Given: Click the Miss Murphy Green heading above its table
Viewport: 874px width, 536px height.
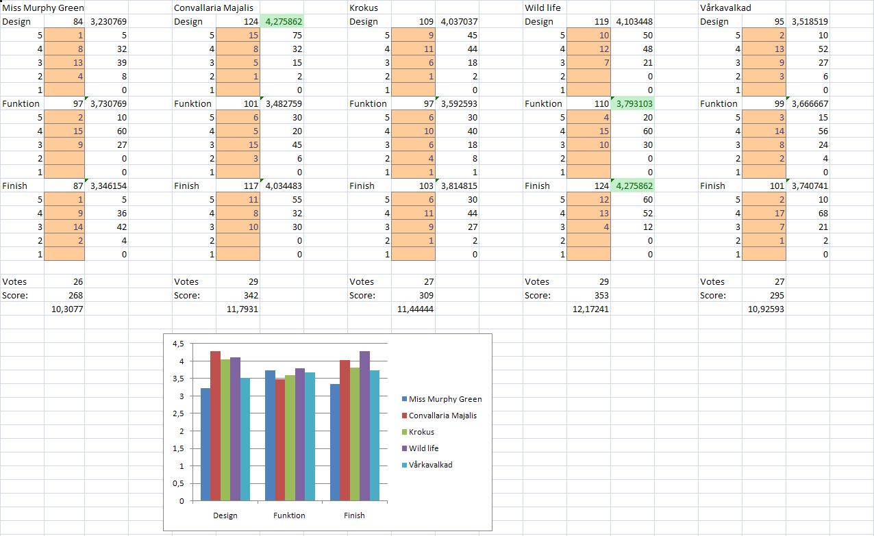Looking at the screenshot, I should click(x=43, y=8).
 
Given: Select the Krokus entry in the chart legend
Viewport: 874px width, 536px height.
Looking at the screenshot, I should click(x=421, y=432).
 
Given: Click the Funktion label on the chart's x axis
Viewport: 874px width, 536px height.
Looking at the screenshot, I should click(x=289, y=515).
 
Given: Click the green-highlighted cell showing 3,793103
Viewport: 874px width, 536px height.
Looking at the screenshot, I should click(x=634, y=103).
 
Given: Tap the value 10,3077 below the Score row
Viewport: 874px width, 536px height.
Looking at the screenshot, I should click(x=68, y=309).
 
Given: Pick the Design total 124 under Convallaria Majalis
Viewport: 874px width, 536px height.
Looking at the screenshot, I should click(x=250, y=21).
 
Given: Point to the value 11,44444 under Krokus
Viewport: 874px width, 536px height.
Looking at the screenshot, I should click(x=415, y=309).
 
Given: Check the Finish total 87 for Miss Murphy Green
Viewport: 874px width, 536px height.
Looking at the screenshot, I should click(x=76, y=186).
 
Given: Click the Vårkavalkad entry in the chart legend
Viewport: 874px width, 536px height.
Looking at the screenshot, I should click(x=430, y=465).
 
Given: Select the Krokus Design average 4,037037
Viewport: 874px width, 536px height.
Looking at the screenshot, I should click(x=458, y=21).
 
